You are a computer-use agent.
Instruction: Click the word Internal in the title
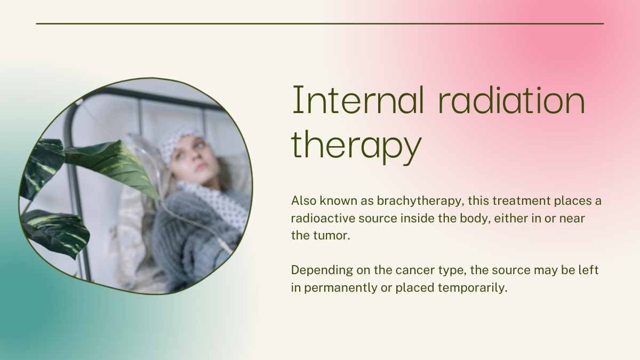click(358, 100)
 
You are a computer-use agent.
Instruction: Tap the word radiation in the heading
click(511, 100)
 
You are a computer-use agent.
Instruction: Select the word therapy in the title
click(356, 145)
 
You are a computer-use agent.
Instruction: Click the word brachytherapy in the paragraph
click(419, 201)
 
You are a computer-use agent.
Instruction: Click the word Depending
click(322, 270)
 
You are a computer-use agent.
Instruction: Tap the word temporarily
click(473, 287)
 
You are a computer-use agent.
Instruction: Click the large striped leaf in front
click(114, 169)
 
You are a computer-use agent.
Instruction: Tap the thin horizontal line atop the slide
click(320, 23)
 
